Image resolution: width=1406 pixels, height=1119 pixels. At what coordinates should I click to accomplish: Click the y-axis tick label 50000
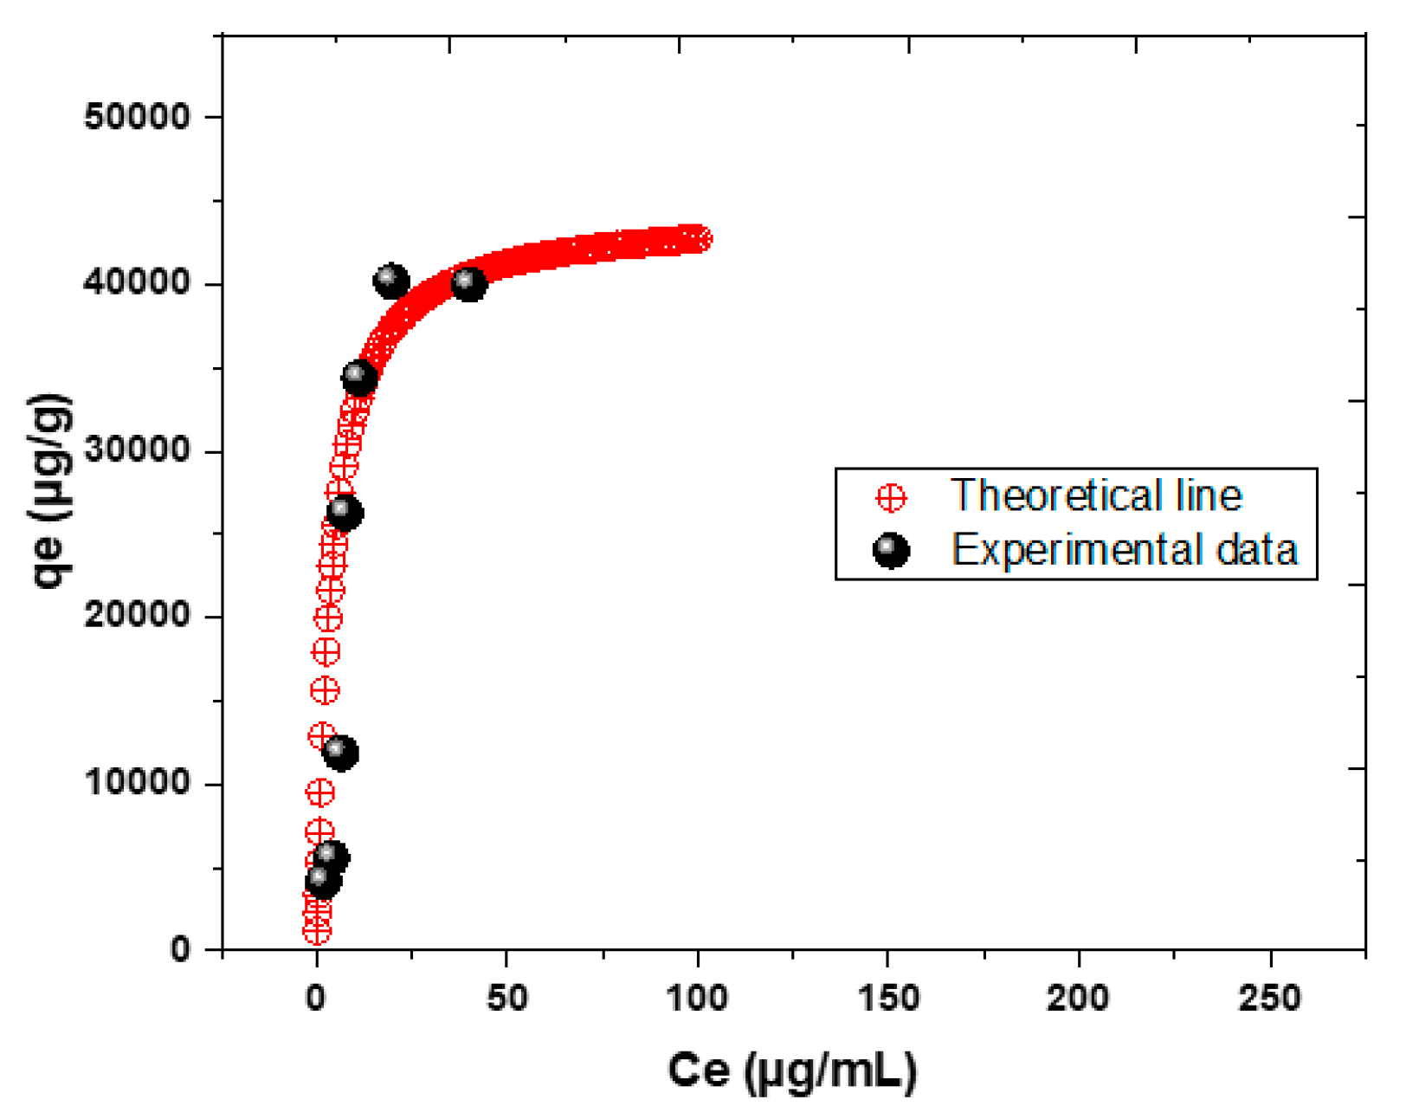click(x=137, y=116)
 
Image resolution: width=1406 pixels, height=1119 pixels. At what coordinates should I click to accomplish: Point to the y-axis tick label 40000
click(x=137, y=283)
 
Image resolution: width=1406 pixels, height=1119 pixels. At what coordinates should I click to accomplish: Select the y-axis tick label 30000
click(x=137, y=450)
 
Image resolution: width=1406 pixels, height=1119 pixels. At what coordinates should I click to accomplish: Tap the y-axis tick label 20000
click(x=137, y=616)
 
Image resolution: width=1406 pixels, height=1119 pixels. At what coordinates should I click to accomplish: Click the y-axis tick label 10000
click(x=137, y=783)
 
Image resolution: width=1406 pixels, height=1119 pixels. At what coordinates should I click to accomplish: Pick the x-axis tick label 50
click(x=506, y=999)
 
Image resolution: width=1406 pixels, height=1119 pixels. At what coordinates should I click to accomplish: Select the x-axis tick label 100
click(x=697, y=999)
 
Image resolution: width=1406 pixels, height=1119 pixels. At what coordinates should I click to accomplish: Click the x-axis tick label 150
click(x=888, y=999)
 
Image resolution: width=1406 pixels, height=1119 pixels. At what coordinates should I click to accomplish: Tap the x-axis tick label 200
click(x=1078, y=999)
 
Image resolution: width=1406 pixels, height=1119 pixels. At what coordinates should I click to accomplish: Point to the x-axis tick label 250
click(x=1269, y=999)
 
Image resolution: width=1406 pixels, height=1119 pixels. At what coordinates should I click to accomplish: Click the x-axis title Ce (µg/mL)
click(x=791, y=1070)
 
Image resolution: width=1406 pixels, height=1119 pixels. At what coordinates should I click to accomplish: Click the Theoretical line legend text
click(x=1096, y=496)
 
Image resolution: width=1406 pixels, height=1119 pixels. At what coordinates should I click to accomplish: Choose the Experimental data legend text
click(x=1124, y=550)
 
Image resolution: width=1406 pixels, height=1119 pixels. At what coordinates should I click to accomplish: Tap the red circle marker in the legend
click(x=891, y=498)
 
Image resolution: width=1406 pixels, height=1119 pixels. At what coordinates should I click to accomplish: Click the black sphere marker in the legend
click(x=891, y=551)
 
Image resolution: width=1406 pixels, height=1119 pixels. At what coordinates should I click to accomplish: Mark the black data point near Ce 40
click(x=469, y=283)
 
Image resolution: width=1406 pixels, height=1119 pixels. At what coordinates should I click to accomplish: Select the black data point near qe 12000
click(x=339, y=752)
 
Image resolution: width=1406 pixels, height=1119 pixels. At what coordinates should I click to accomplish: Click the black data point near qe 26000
click(x=345, y=513)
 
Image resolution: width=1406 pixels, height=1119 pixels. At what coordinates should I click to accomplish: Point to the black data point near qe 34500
click(x=359, y=378)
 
